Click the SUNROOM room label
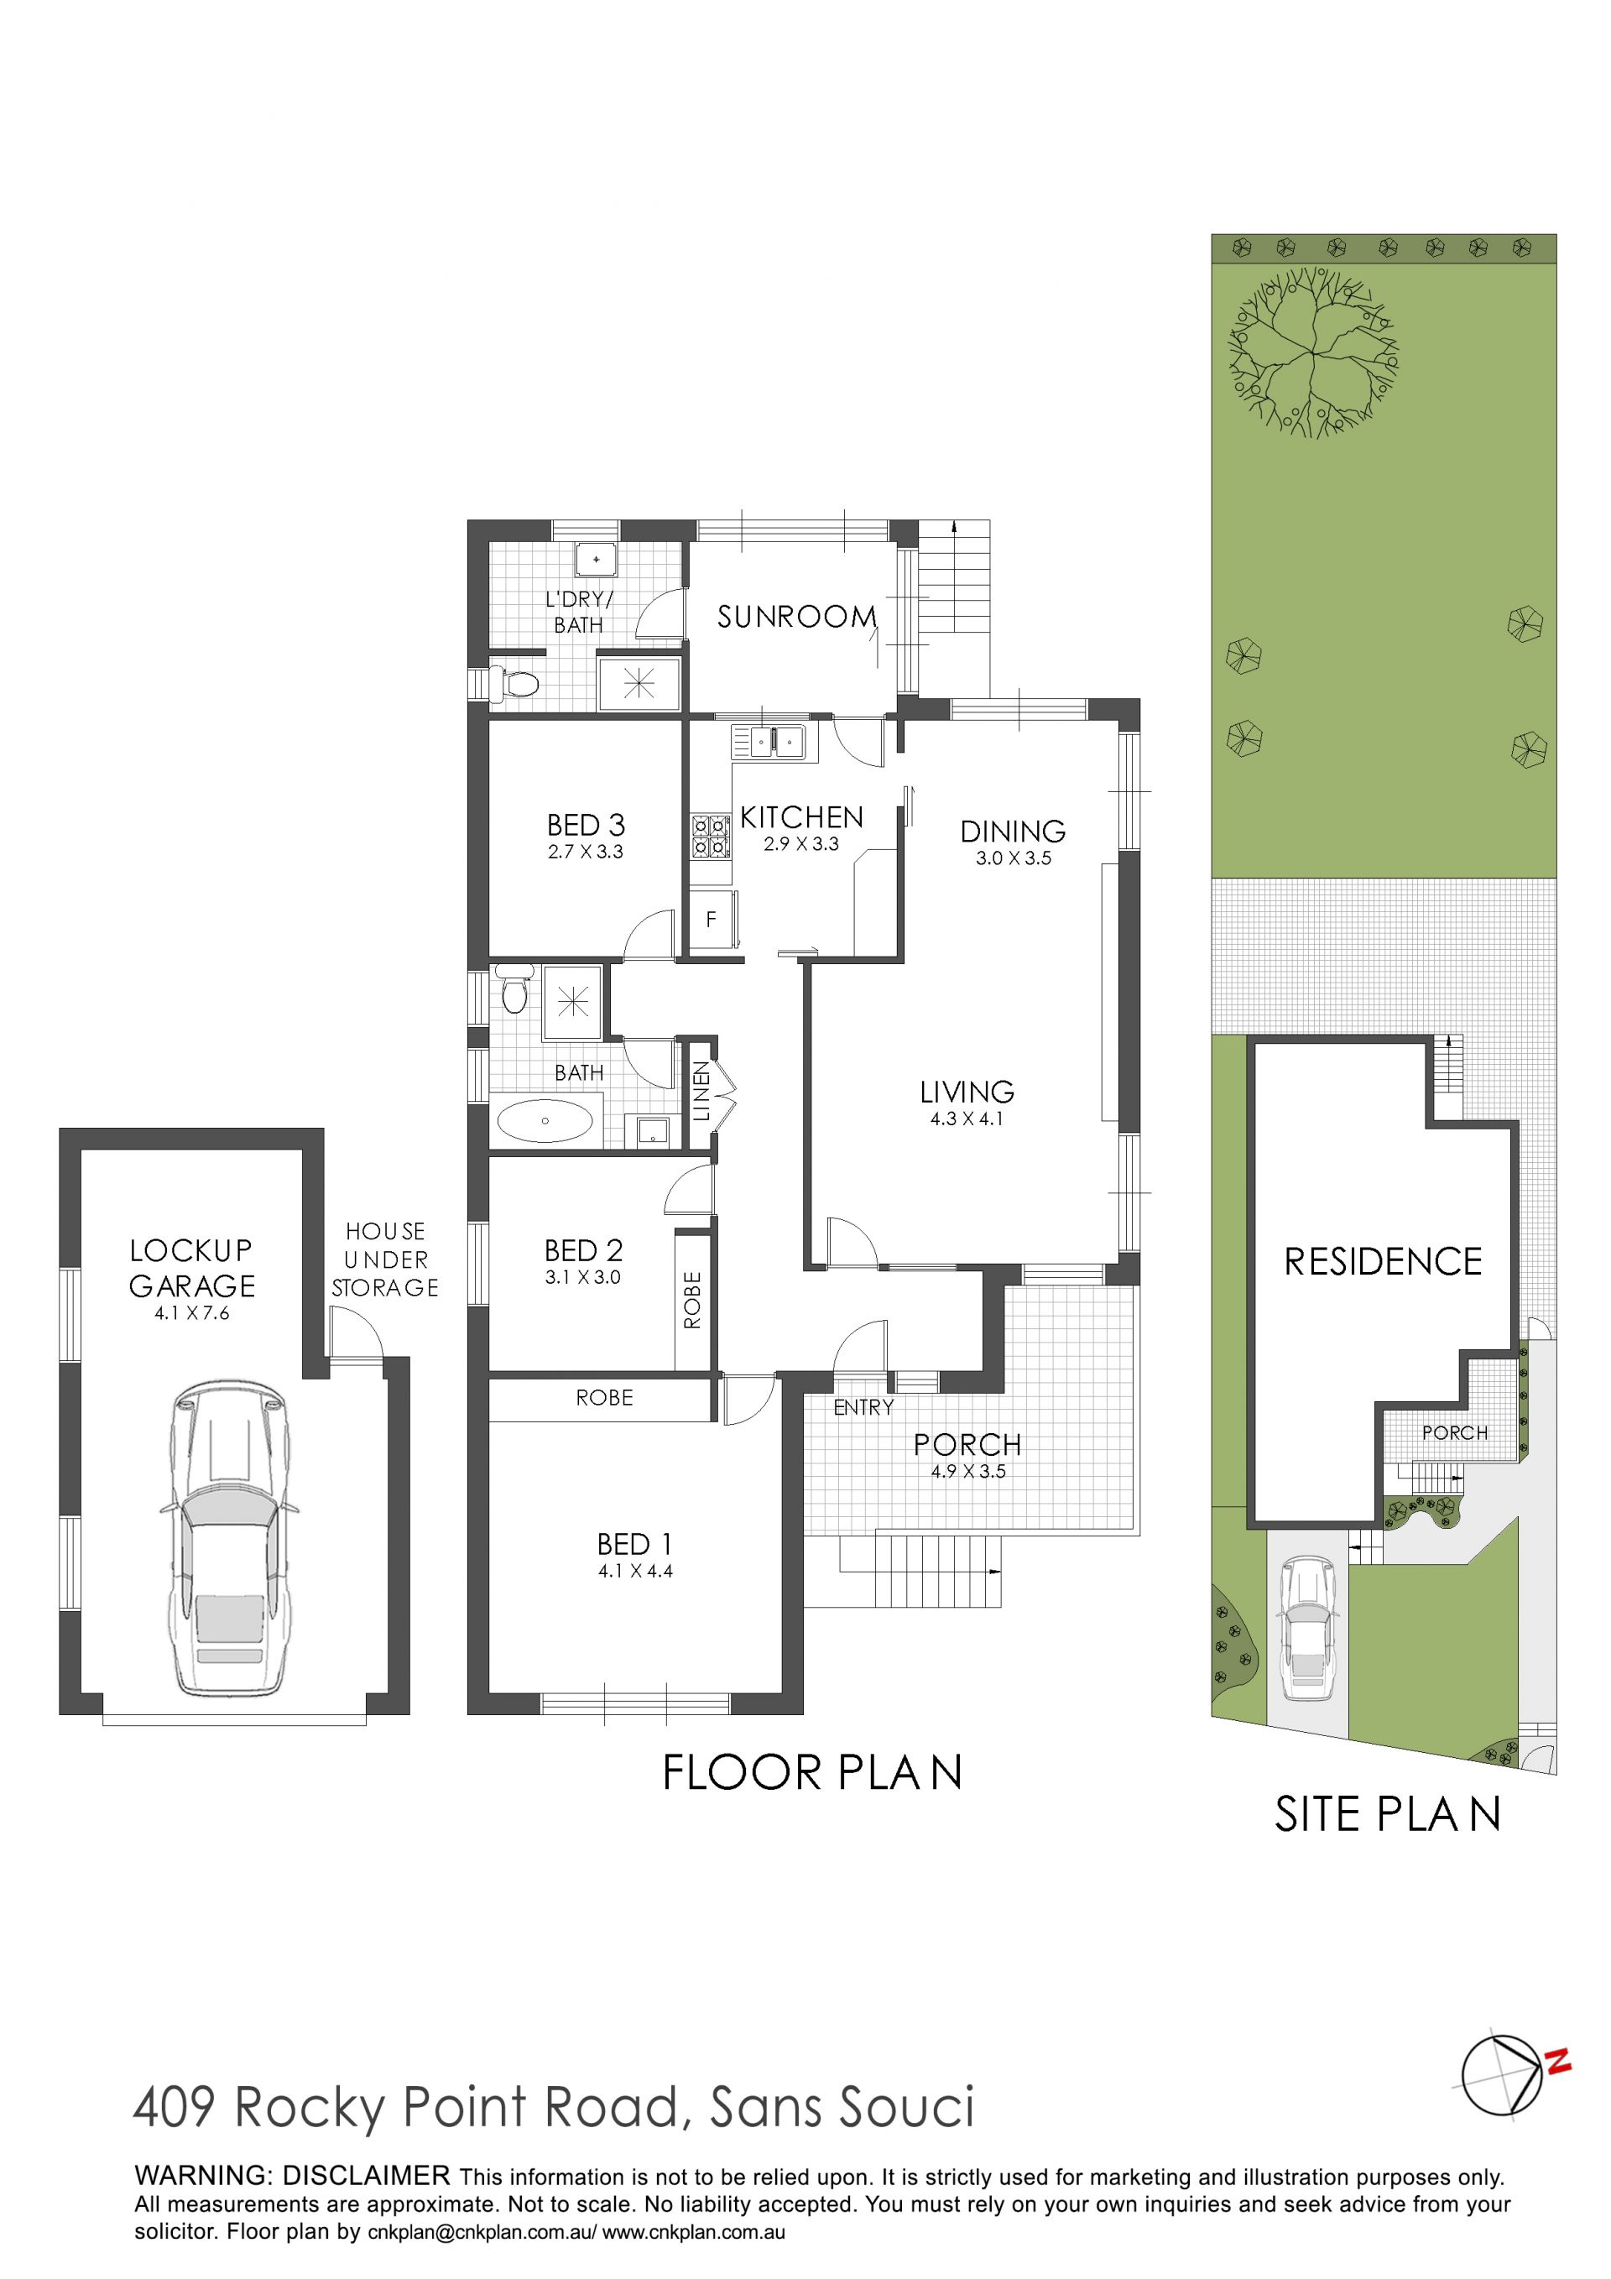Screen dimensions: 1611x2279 point(797,617)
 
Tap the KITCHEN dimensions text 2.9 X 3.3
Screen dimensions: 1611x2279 point(801,845)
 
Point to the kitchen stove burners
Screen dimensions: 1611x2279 point(711,836)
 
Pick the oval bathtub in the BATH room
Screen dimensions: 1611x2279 point(545,1121)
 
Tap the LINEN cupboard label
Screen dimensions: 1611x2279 point(701,1092)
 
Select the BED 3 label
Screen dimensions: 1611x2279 point(586,825)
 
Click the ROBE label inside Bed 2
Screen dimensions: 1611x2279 point(692,1301)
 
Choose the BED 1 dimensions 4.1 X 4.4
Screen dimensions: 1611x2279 point(635,1572)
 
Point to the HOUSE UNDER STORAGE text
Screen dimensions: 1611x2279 point(385,1259)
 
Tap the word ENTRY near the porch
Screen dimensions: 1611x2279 point(863,1407)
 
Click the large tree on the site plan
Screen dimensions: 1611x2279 point(1312,352)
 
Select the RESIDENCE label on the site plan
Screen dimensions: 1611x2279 point(1383,1262)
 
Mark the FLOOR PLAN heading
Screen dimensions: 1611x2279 point(812,1774)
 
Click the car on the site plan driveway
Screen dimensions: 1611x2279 point(1307,1629)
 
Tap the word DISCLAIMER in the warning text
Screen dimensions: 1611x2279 point(367,2176)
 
